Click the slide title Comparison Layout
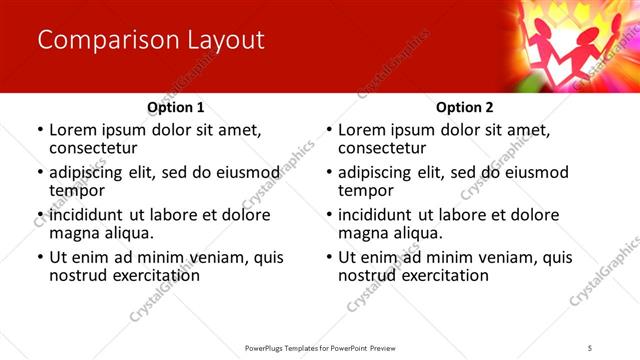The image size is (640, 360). pyautogui.click(x=150, y=41)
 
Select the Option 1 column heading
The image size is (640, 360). pyautogui.click(x=176, y=107)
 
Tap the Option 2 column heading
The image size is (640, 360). pyautogui.click(x=465, y=107)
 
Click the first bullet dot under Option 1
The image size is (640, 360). pyautogui.click(x=39, y=131)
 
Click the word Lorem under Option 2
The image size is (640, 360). pyautogui.click(x=361, y=130)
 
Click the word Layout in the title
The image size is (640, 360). pyautogui.click(x=220, y=41)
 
